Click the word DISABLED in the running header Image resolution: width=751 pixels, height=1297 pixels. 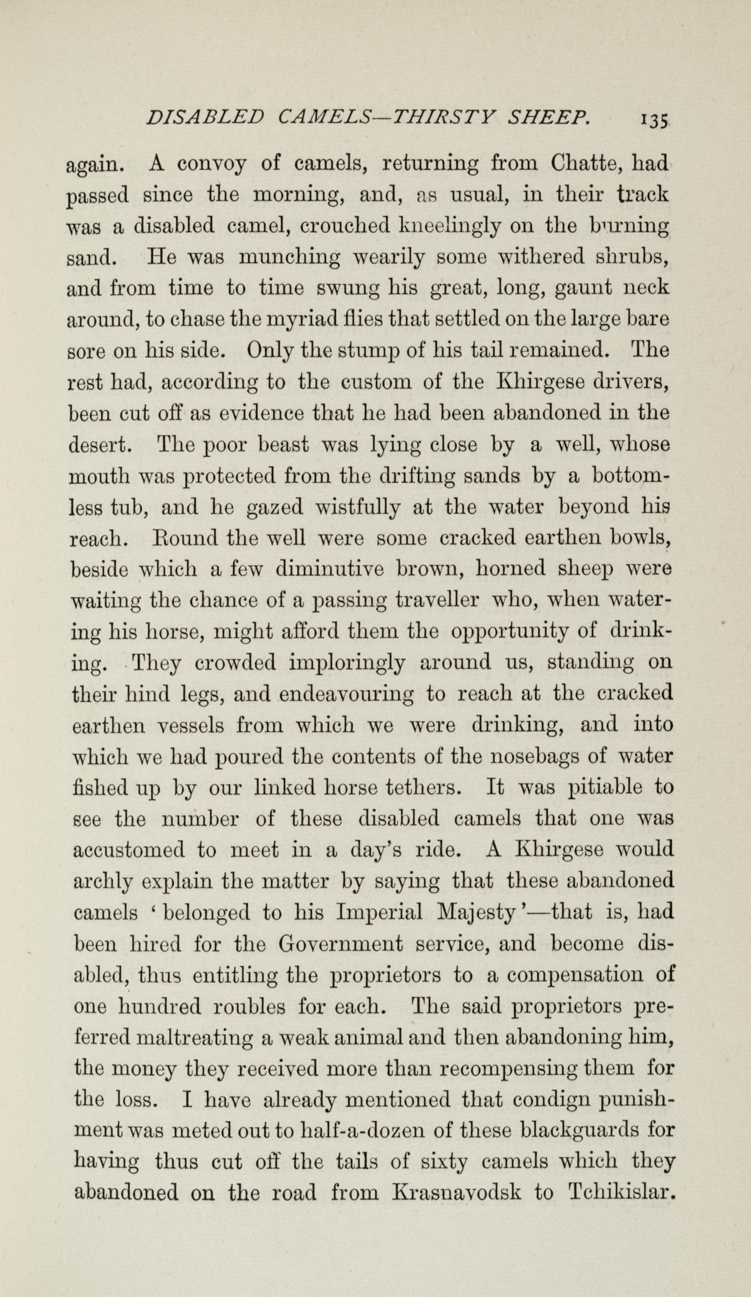pos(203,117)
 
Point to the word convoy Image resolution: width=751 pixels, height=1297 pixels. pos(211,165)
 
